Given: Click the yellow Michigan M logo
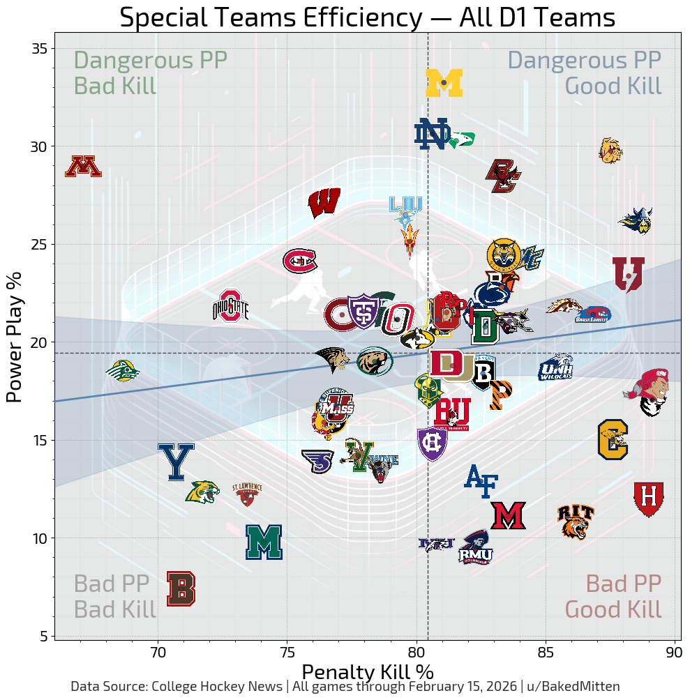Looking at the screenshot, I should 444,83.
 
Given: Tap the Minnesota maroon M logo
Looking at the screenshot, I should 83,167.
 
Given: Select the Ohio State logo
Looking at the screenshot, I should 230,306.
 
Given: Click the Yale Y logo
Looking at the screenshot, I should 176,462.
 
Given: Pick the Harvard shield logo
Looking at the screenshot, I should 648,499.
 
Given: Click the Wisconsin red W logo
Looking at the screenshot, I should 324,203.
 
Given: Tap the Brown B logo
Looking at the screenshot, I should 181,588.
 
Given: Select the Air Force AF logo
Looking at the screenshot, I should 481,481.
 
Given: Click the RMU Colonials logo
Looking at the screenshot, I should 476,547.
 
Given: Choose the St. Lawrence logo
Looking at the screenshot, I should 247,493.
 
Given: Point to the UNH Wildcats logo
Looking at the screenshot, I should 555,367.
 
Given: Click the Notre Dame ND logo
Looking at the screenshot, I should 431,134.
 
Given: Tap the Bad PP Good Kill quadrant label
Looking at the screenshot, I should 613,596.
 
